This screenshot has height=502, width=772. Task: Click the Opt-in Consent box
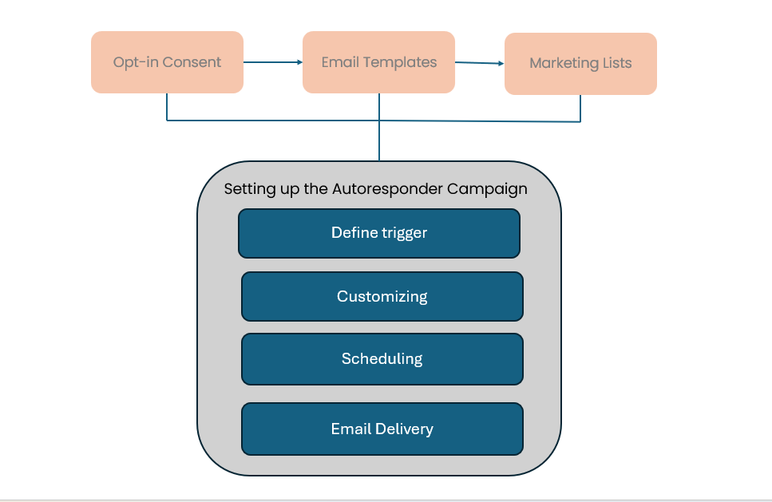[167, 62]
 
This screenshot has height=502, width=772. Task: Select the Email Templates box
[378, 62]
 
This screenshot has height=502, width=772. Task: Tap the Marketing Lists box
[580, 64]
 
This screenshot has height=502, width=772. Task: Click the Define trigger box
[379, 233]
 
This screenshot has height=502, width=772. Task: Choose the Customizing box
[382, 296]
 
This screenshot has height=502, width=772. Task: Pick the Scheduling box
[382, 358]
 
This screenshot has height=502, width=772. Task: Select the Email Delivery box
[382, 429]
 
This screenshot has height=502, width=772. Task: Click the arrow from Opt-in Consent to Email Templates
[272, 61]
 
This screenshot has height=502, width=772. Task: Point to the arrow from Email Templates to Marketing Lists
[479, 63]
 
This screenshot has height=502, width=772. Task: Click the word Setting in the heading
[245, 189]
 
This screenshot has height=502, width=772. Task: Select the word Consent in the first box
[192, 62]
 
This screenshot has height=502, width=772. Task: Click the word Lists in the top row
[617, 64]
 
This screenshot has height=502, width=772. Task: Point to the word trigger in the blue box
[403, 233]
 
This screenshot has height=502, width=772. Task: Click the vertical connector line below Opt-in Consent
[167, 107]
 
